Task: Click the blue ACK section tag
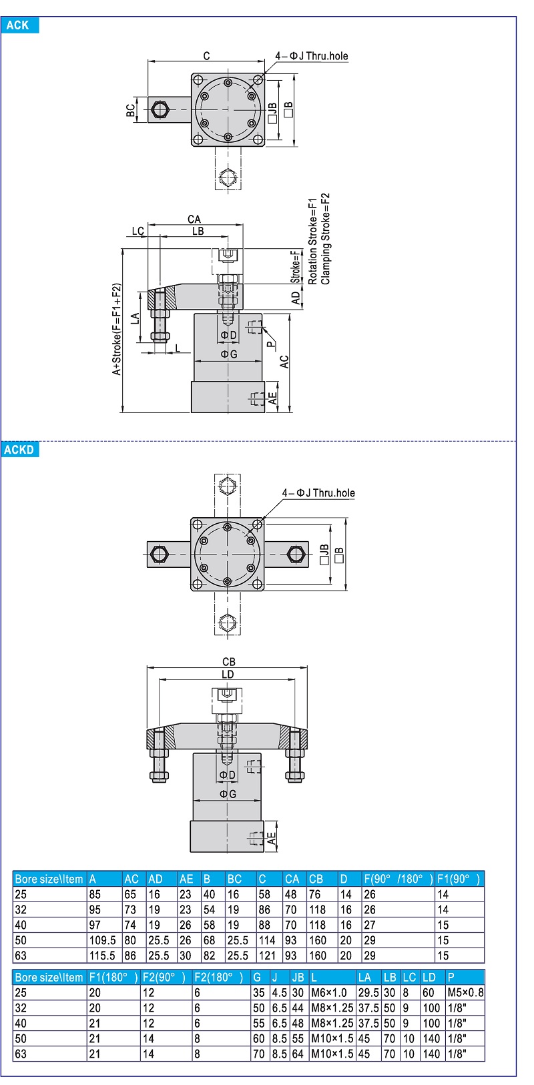(19, 25)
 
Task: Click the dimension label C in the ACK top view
(206, 56)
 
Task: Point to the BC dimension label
(131, 109)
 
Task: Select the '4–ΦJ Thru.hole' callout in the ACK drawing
(311, 56)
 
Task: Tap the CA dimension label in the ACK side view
(194, 219)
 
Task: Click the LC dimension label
(138, 232)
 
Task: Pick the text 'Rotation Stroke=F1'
(312, 241)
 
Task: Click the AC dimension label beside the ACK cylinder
(284, 362)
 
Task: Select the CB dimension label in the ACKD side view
(228, 661)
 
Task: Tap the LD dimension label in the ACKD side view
(228, 674)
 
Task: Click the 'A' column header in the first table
(93, 879)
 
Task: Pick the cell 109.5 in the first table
(102, 940)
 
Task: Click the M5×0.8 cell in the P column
(465, 992)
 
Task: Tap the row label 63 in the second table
(21, 1054)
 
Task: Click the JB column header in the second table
(298, 977)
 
